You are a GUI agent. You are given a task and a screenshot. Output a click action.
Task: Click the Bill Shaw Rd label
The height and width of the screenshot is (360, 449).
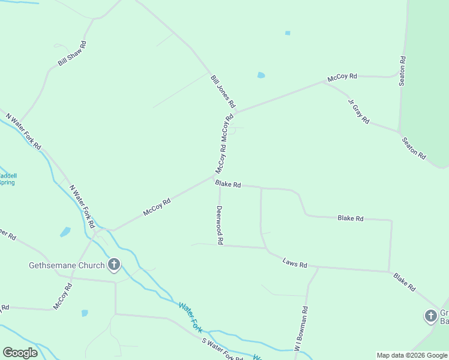(x=73, y=53)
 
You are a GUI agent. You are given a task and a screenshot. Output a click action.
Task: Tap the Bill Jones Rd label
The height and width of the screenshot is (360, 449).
(x=223, y=91)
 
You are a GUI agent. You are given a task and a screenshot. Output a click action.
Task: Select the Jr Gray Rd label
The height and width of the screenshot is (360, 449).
(x=358, y=110)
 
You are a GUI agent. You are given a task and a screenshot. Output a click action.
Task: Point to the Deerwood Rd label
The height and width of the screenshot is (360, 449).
(x=220, y=225)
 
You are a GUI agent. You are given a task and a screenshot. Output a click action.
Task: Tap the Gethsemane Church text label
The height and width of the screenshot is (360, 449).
(x=67, y=265)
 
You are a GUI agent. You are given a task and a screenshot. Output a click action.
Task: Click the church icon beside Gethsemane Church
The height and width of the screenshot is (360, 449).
(x=113, y=265)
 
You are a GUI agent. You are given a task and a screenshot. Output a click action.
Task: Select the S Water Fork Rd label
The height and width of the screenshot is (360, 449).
(x=222, y=349)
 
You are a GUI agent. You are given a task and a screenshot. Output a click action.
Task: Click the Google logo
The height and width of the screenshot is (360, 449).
(x=20, y=353)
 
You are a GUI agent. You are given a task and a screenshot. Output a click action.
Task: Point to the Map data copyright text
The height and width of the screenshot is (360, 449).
(x=412, y=355)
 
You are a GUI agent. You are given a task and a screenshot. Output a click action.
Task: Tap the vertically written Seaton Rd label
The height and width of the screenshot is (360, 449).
(x=403, y=71)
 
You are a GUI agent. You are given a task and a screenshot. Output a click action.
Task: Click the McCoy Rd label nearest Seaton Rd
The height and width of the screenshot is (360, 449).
(x=342, y=77)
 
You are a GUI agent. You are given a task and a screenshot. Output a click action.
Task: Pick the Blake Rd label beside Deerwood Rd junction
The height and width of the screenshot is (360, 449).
(x=229, y=184)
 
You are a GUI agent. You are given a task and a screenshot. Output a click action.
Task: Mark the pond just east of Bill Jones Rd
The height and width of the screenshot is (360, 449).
(x=261, y=76)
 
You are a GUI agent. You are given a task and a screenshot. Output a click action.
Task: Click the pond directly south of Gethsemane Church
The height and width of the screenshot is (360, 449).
(x=85, y=313)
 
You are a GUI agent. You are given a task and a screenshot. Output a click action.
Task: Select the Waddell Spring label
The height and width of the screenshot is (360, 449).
(x=7, y=179)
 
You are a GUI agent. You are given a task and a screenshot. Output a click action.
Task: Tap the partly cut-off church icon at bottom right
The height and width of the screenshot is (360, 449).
(x=430, y=316)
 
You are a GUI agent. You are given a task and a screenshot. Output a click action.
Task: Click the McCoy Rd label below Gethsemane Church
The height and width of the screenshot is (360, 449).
(x=62, y=296)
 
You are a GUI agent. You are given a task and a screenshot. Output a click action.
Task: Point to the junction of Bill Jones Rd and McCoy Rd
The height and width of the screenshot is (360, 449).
(x=235, y=112)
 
